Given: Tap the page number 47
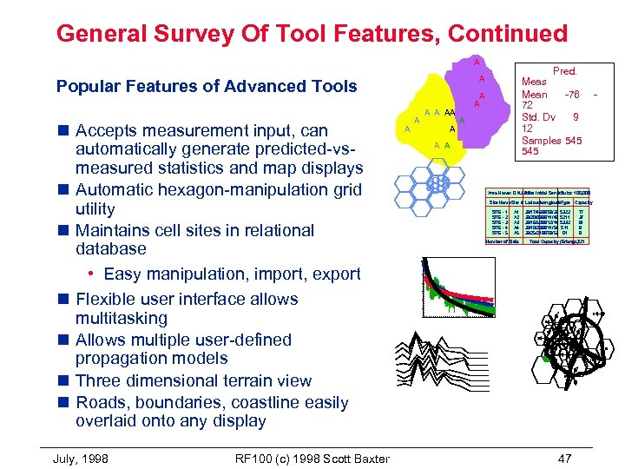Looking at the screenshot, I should (x=565, y=458).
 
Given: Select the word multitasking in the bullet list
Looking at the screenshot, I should (x=121, y=319).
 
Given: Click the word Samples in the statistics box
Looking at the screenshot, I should (x=541, y=140).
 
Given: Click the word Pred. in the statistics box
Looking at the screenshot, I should (x=565, y=71).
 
